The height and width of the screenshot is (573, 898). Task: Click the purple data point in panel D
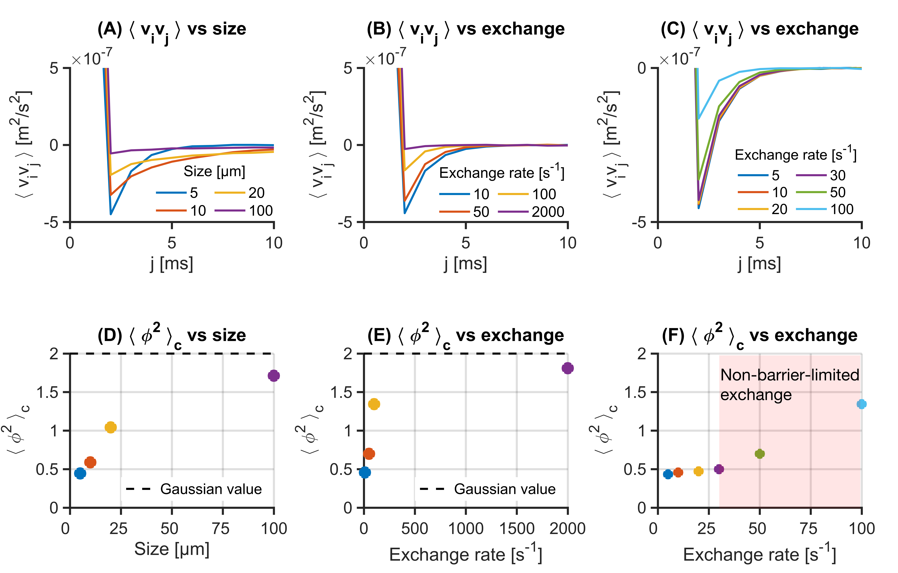[274, 375]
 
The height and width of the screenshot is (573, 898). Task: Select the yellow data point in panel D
[110, 427]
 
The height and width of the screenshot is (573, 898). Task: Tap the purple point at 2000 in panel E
[567, 368]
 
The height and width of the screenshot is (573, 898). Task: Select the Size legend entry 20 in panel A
[257, 193]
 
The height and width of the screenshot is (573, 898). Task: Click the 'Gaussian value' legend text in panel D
[211, 489]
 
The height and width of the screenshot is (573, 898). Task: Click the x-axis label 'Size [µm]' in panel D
[172, 549]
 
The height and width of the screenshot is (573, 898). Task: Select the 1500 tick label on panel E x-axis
[517, 529]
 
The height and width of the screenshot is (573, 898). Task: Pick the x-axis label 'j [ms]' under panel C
[759, 264]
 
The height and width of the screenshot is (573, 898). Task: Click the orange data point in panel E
[369, 454]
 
